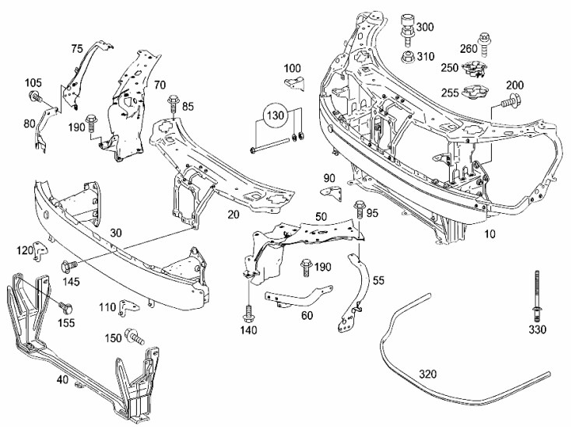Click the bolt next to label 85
[x=172, y=101]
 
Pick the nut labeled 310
[x=406, y=57]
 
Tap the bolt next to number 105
[x=35, y=98]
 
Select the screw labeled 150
[x=138, y=338]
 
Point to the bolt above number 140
[x=248, y=313]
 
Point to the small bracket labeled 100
[x=290, y=86]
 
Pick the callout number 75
[x=76, y=48]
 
